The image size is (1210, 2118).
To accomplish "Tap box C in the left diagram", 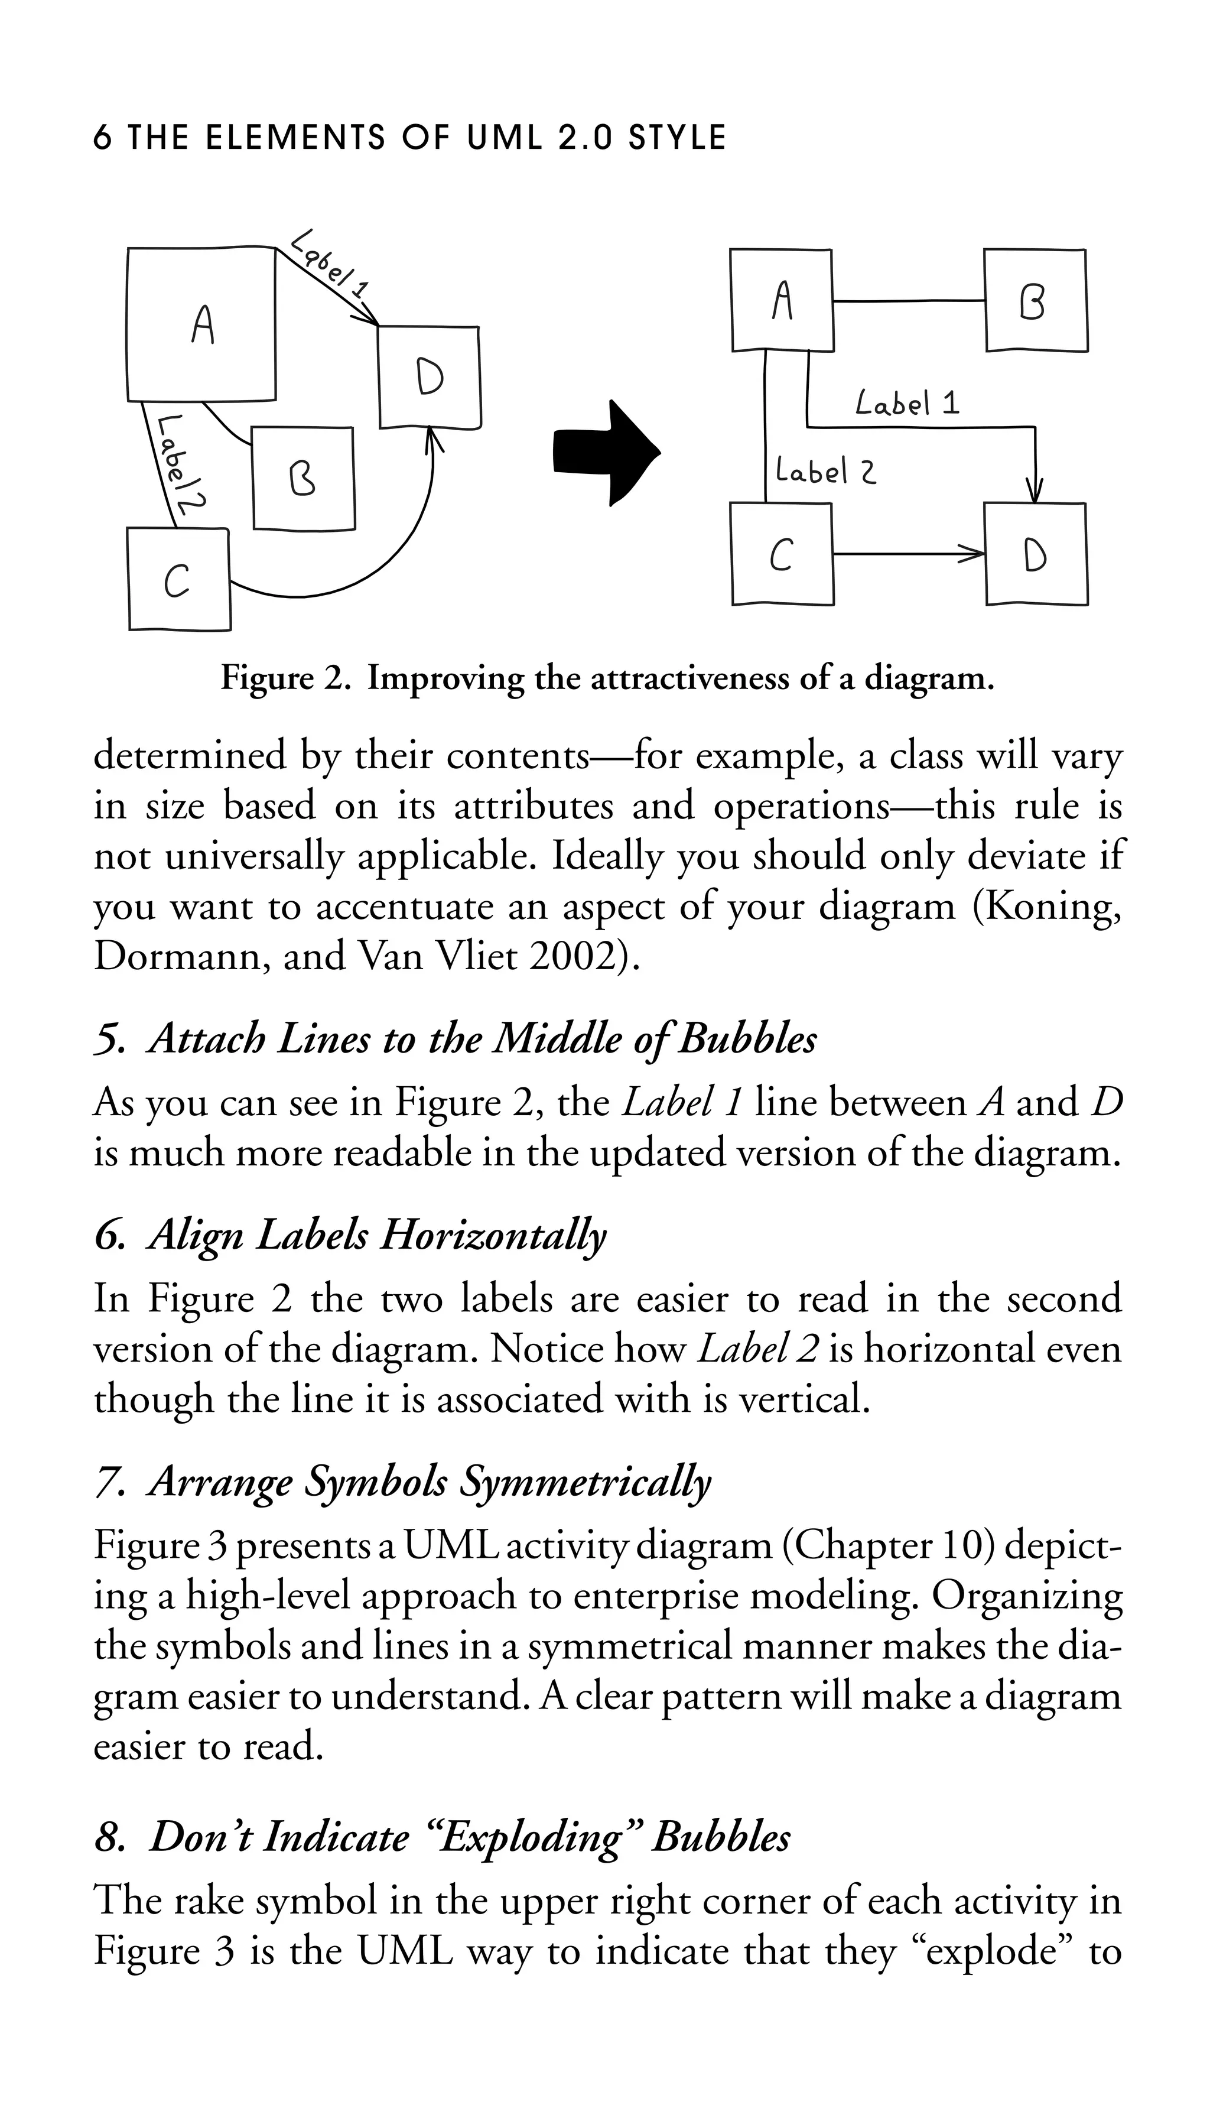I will pyautogui.click(x=178, y=579).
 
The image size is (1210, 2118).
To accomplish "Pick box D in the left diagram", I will pyautogui.click(x=429, y=378).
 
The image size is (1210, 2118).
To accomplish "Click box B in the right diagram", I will pyautogui.click(x=1035, y=301).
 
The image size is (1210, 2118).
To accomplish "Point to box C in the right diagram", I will pyautogui.click(x=781, y=554).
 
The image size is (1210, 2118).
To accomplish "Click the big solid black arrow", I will pyautogui.click(x=607, y=453).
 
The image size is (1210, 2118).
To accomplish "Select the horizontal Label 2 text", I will pyautogui.click(x=824, y=472).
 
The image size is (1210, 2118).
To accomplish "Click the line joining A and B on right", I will pyautogui.click(x=908, y=300).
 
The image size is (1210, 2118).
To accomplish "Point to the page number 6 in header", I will pyautogui.click(x=102, y=137).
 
